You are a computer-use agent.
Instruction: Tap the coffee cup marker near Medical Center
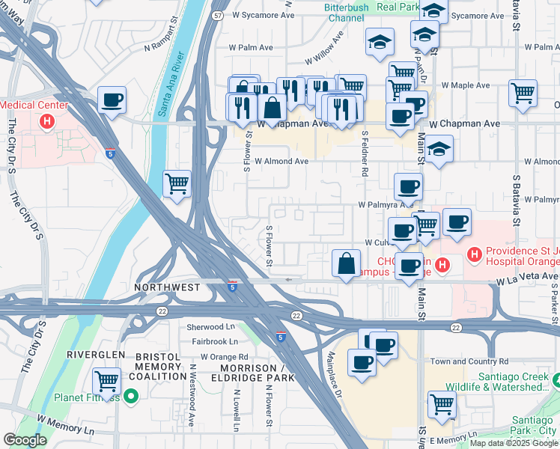coord(112,100)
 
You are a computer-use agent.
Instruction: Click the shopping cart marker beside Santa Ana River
coord(177,183)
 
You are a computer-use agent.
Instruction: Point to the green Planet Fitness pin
coord(132,397)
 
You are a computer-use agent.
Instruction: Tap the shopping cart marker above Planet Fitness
coord(107,381)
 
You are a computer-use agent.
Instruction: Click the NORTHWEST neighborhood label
coord(167,287)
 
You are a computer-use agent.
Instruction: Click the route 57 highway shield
coord(217,14)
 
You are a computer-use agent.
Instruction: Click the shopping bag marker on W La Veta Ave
coord(346,264)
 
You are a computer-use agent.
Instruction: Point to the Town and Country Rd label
coord(469,361)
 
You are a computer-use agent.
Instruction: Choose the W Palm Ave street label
coord(251,47)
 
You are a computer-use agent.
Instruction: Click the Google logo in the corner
coord(25,440)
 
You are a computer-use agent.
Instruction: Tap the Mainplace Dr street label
coord(334,374)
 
